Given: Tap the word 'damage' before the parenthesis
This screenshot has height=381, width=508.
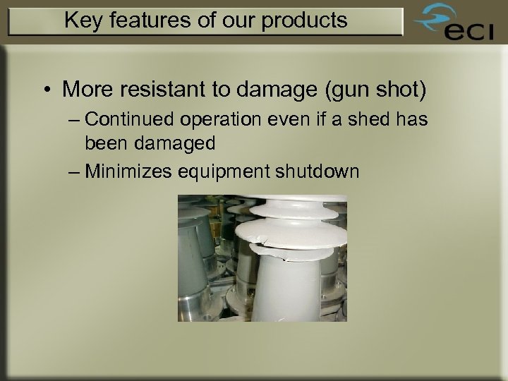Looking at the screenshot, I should click(x=270, y=90).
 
